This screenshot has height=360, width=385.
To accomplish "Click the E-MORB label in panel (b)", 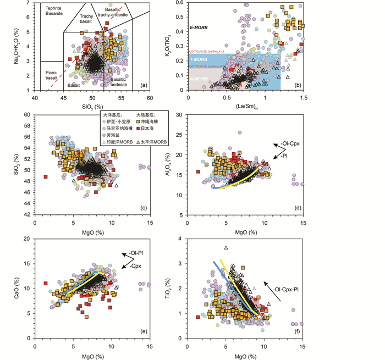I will [200, 27].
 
